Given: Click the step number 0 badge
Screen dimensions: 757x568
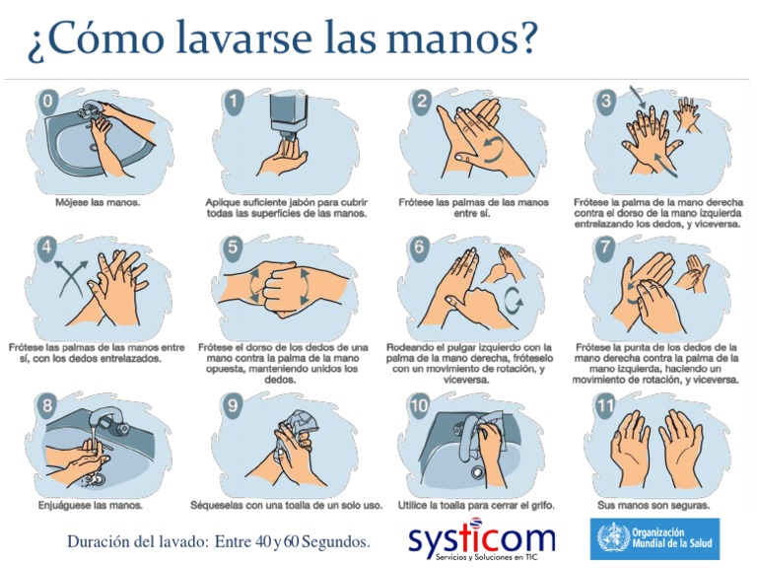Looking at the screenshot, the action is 47,102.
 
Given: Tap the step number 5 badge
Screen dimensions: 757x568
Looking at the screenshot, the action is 233,247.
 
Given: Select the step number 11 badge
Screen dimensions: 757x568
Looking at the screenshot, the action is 605,404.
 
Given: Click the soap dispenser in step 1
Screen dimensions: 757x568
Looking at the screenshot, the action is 289,113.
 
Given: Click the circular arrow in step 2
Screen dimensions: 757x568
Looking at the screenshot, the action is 494,150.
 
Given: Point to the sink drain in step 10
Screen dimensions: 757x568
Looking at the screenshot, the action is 477,471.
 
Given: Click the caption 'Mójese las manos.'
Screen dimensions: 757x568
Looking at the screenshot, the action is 98,202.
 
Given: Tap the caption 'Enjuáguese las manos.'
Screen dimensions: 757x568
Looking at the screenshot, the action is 91,506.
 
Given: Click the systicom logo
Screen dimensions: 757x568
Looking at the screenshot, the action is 482,538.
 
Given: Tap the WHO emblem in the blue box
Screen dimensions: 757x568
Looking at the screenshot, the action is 613,538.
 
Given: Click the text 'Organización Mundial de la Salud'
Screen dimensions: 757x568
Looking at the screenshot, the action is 672,537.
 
